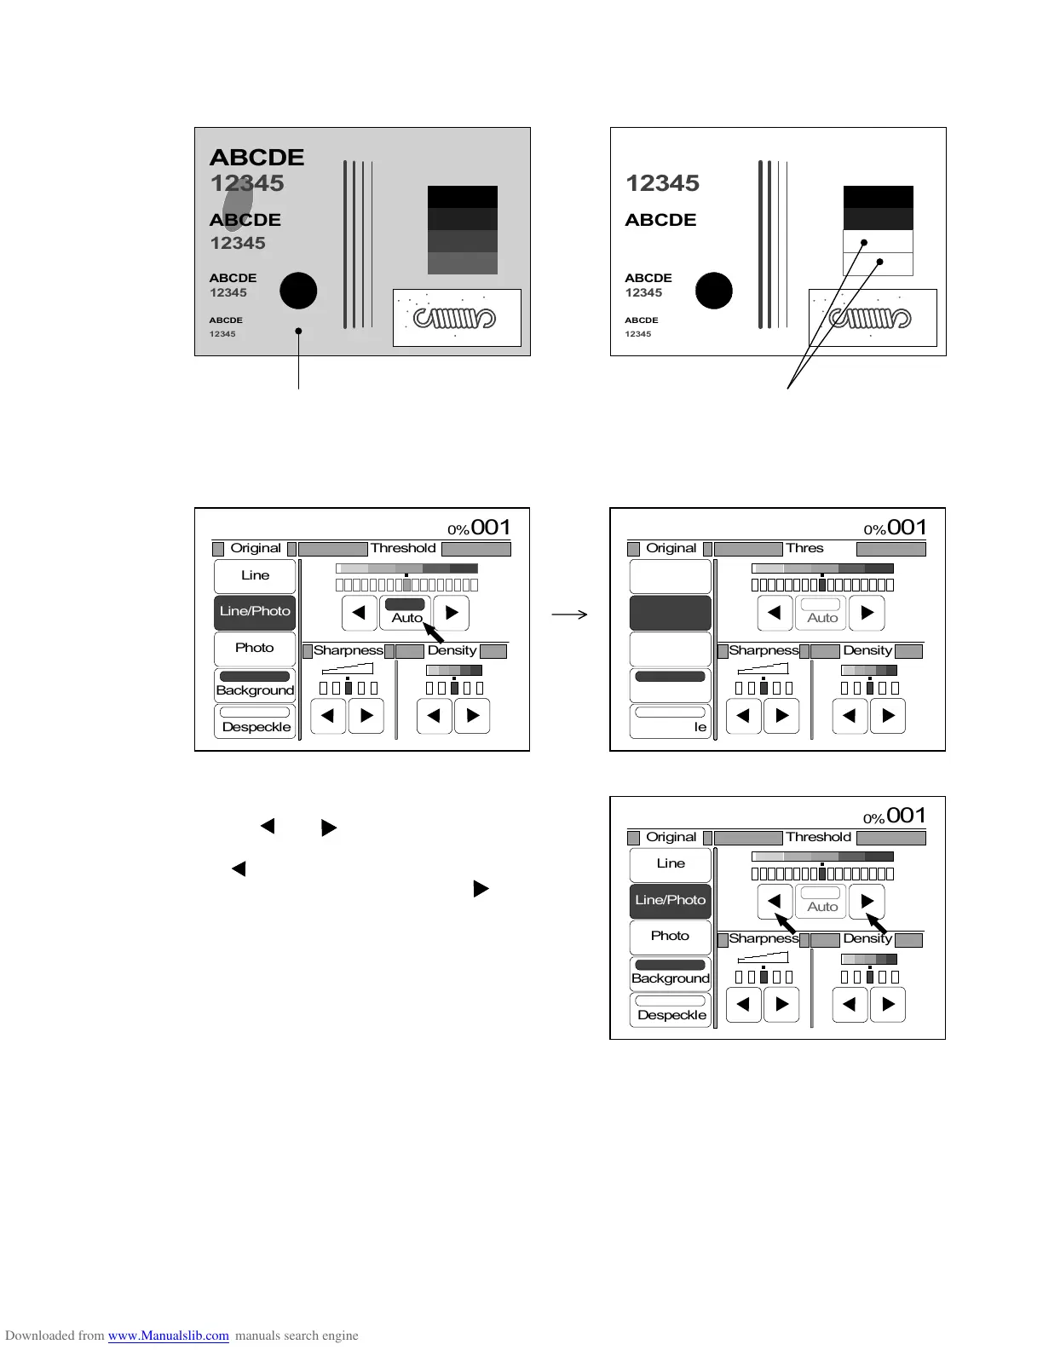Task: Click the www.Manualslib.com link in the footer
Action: click(168, 1336)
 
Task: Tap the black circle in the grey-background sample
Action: click(298, 291)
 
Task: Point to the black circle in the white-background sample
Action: click(714, 291)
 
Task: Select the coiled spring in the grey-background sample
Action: click(454, 319)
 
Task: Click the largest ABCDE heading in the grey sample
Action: click(256, 158)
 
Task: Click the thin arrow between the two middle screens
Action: click(569, 614)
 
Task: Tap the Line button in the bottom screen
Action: click(671, 864)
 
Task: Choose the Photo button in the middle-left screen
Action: click(255, 649)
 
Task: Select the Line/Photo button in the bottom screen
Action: click(671, 901)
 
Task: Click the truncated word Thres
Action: click(804, 548)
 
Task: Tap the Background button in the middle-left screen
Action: click(255, 684)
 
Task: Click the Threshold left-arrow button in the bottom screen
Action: click(775, 901)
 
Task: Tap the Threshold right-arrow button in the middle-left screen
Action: click(452, 613)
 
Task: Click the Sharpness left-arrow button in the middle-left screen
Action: click(327, 716)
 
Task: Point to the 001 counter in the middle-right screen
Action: click(907, 528)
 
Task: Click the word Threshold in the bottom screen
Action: click(818, 837)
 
